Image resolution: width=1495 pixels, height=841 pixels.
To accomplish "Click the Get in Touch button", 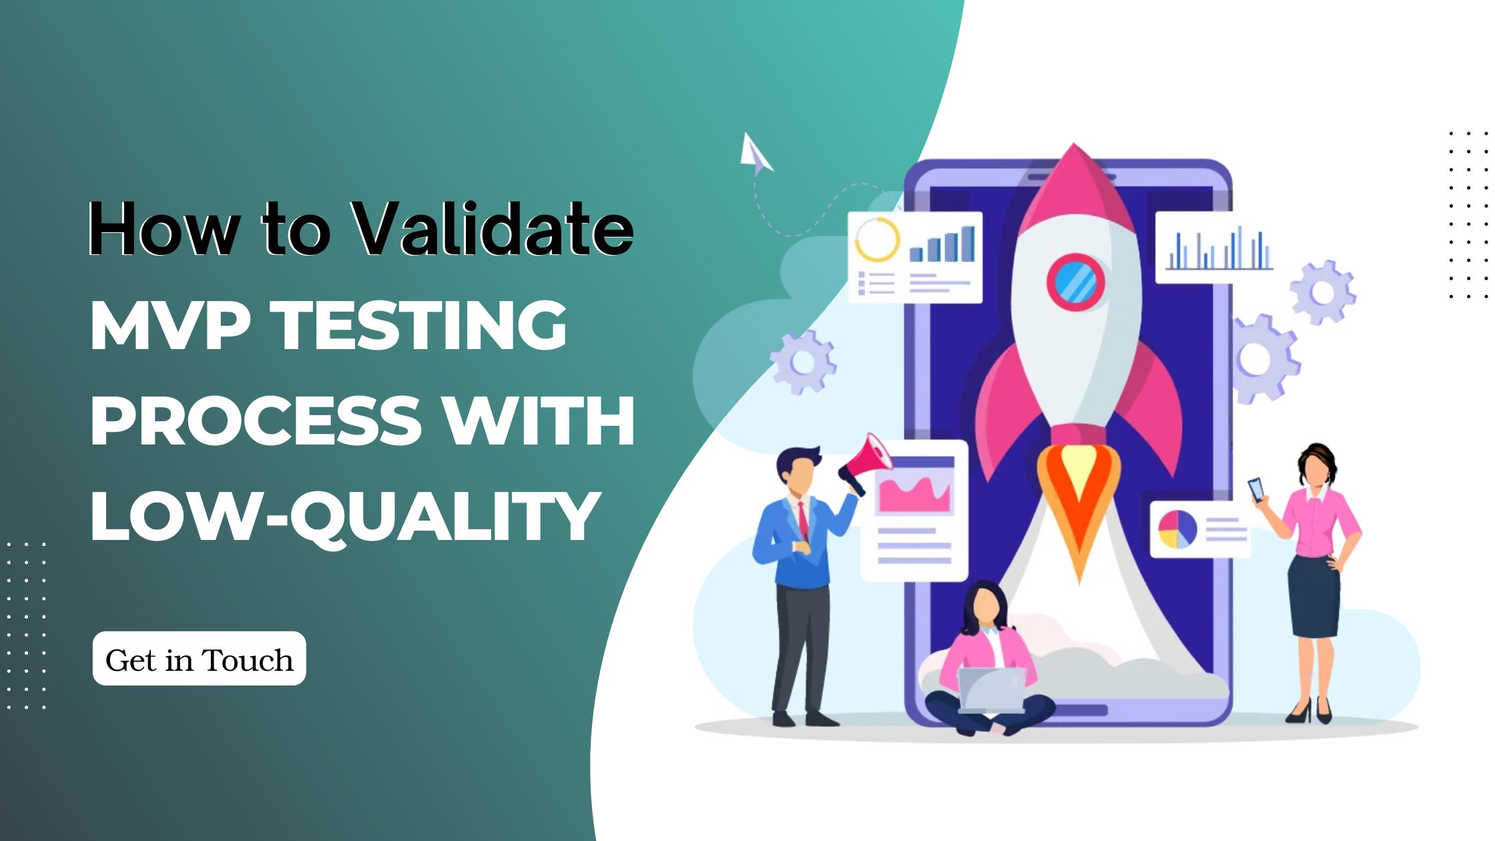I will (x=199, y=659).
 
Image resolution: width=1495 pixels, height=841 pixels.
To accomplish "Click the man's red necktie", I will (x=803, y=521).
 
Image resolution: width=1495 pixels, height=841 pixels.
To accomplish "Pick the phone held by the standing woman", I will (x=1257, y=490).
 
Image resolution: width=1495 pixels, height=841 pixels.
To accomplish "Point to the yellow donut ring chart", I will (x=877, y=239).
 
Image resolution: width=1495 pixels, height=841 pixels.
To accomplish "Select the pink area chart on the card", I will (x=914, y=495).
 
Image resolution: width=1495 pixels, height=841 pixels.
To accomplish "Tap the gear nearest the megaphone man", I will (x=803, y=362).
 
